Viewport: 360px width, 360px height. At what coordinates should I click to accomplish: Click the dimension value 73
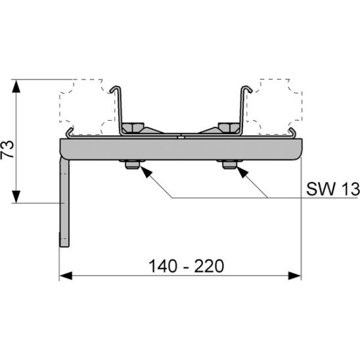pyautogui.click(x=7, y=149)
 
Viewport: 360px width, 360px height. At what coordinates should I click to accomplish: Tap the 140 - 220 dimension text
pyautogui.click(x=186, y=266)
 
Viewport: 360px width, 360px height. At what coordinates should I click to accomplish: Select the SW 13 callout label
pyautogui.click(x=333, y=189)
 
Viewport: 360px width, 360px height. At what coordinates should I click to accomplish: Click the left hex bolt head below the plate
pyautogui.click(x=132, y=164)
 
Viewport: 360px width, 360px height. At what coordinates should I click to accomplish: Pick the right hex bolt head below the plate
pyautogui.click(x=229, y=164)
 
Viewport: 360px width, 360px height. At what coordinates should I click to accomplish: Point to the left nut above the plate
pyautogui.click(x=133, y=127)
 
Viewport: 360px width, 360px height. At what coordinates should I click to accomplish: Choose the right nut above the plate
pyautogui.click(x=229, y=127)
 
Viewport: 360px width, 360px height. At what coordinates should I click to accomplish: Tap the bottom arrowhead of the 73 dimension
pyautogui.click(x=16, y=196)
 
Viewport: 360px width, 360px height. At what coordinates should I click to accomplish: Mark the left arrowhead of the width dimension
pyautogui.click(x=66, y=275)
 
